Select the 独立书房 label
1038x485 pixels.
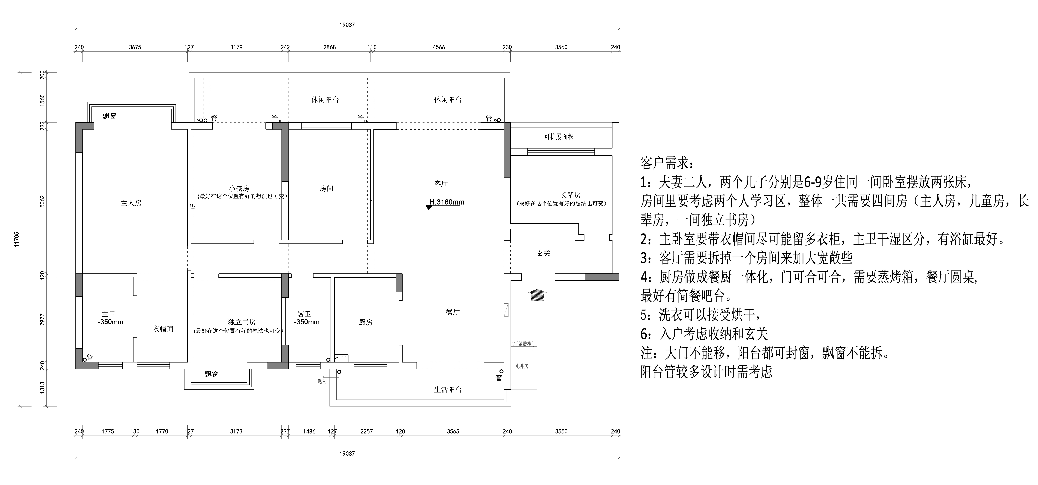(242, 322)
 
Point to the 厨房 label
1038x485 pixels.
(366, 322)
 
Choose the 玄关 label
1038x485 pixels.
(544, 253)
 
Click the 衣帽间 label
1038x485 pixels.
(163, 329)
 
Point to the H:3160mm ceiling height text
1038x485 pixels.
(447, 202)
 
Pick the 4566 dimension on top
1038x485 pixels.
(439, 47)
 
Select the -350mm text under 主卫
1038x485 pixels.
(111, 322)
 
